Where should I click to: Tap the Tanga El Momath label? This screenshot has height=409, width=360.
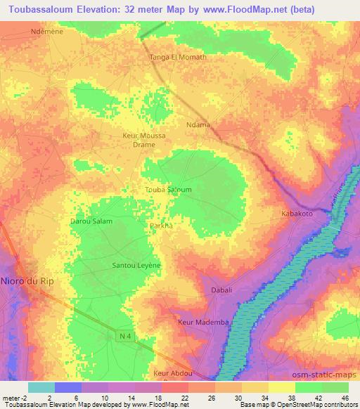tap(179, 57)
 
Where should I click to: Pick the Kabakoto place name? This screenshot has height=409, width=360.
tap(296, 212)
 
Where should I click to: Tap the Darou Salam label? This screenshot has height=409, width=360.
tap(91, 221)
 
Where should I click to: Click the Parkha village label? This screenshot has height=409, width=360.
tap(162, 226)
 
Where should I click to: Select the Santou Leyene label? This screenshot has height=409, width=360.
tap(137, 266)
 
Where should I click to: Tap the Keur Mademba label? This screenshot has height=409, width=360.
tap(204, 322)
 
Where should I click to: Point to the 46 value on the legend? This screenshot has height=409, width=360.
tap(345, 398)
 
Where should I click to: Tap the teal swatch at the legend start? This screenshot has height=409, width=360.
tap(41, 387)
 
